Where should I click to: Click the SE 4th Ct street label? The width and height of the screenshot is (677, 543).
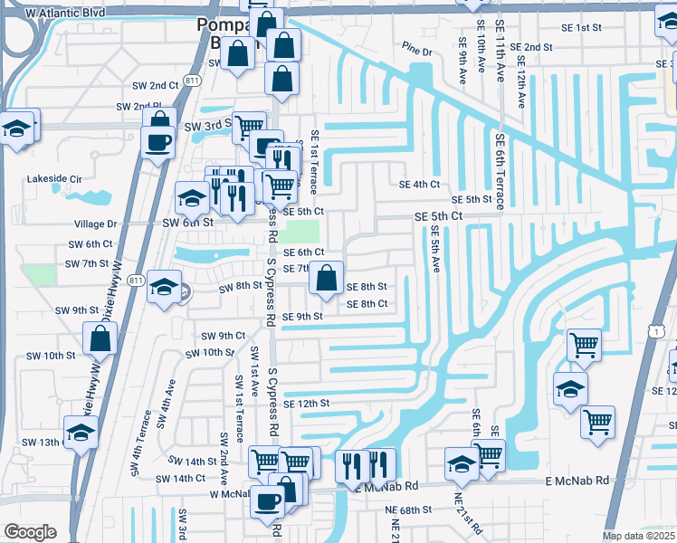pyautogui.click(x=419, y=184)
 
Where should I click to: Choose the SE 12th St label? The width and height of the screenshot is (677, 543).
pyautogui.click(x=306, y=404)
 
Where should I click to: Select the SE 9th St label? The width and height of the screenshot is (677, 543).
pyautogui.click(x=302, y=317)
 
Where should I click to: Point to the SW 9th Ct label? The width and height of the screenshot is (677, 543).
pyautogui.click(x=223, y=336)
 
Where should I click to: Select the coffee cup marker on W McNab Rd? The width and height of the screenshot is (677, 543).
pyautogui.click(x=267, y=500)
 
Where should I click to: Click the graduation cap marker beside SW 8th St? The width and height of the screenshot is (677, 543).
pyautogui.click(x=163, y=287)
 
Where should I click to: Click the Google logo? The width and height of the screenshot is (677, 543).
pyautogui.click(x=30, y=532)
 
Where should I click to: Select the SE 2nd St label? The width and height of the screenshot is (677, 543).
pyautogui.click(x=531, y=47)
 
